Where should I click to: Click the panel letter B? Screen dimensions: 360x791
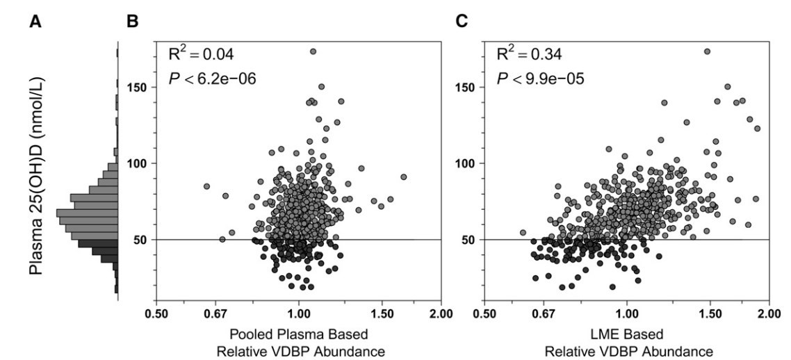point(133,23)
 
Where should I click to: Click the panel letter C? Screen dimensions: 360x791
point(462,23)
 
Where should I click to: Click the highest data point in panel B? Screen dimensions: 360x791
point(313,51)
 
